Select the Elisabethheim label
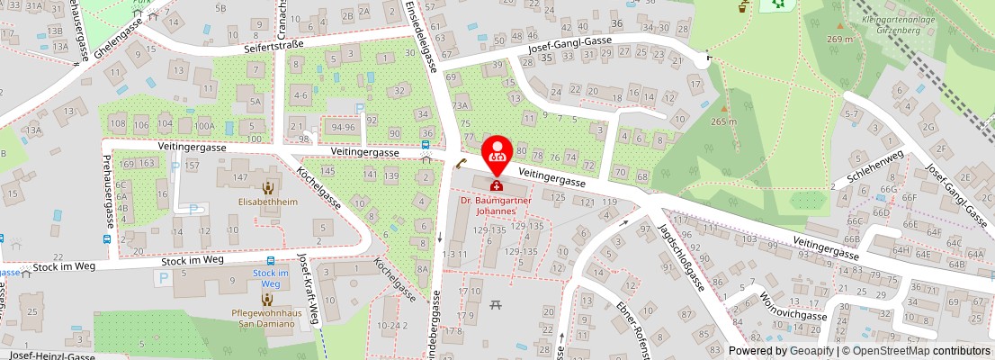[267, 203]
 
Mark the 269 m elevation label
[840, 39]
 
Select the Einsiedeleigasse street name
[431, 36]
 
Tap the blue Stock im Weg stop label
[270, 278]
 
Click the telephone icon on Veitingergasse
[461, 163]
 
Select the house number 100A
[204, 125]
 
